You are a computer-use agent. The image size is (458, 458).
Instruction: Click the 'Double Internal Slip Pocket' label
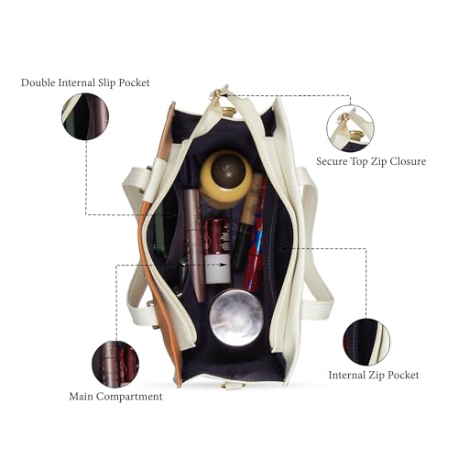(x=85, y=82)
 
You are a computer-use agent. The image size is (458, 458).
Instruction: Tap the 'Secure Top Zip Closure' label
(x=371, y=161)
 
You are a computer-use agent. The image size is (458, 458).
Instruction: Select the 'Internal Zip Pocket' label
(x=374, y=375)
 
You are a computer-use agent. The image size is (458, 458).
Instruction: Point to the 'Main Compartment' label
(x=115, y=397)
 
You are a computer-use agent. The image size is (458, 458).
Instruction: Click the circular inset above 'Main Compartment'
(x=115, y=365)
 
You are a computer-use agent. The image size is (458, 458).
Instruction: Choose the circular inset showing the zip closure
(x=350, y=128)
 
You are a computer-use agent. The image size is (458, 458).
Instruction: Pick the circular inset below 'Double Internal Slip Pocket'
(x=85, y=116)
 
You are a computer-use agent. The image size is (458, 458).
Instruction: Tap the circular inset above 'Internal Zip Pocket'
(x=366, y=342)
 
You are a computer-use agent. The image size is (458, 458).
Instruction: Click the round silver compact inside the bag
(x=236, y=318)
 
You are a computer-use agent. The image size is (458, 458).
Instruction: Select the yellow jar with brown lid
(x=226, y=176)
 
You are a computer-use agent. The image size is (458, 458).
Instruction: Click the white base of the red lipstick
(x=217, y=268)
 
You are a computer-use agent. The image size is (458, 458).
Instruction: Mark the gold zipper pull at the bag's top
(x=219, y=93)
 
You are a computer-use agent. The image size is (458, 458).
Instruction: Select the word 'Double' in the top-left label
(x=38, y=82)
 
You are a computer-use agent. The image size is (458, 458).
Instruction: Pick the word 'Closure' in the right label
(x=408, y=161)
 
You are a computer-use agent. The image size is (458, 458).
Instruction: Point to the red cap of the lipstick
(x=217, y=235)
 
